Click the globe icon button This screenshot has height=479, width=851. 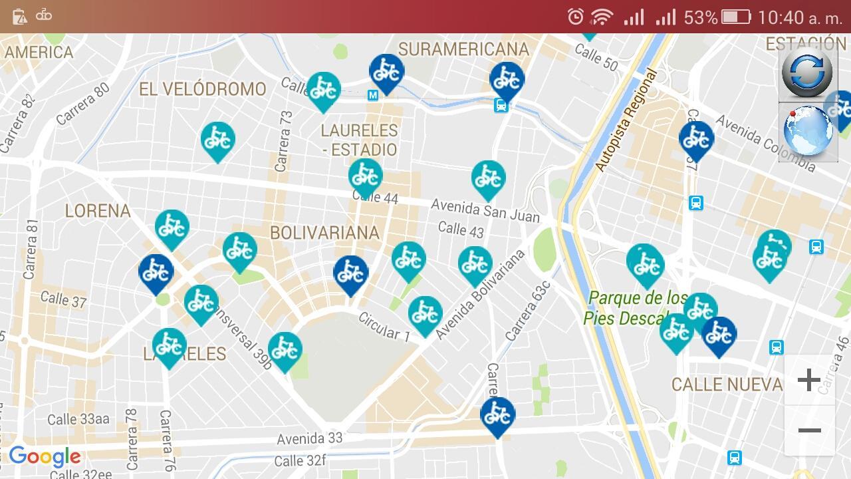808,131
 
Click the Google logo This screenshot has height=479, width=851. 45,457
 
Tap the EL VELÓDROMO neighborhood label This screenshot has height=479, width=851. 202,89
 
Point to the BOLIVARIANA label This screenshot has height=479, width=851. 324,233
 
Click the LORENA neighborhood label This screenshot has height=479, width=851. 97,211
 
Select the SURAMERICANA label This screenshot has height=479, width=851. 463,49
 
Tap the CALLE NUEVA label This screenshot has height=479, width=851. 727,385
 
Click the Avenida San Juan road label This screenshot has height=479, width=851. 485,211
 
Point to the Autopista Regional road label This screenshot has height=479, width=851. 626,120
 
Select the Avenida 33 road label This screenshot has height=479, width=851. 310,438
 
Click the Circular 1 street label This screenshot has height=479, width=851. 384,326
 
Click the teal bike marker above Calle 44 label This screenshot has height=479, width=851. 365,176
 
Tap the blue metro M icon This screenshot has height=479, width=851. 373,96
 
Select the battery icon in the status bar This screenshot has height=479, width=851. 735,17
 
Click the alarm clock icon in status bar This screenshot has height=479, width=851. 576,17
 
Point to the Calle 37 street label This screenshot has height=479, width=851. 63,299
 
